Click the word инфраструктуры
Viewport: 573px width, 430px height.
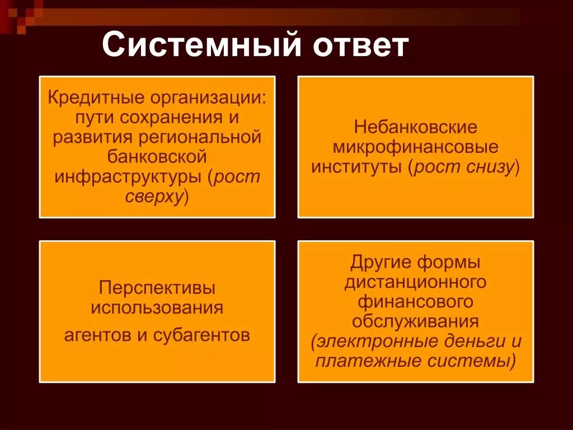coord(130,177)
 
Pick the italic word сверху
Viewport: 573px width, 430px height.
coord(154,197)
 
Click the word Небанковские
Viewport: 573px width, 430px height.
coord(415,128)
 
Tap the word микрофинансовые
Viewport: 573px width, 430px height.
coord(415,148)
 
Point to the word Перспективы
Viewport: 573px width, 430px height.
coord(157,288)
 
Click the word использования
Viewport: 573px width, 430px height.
coord(157,308)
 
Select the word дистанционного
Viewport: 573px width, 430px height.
coord(415,282)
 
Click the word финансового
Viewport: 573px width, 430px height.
coord(415,302)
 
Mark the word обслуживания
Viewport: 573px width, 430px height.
coord(415,322)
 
